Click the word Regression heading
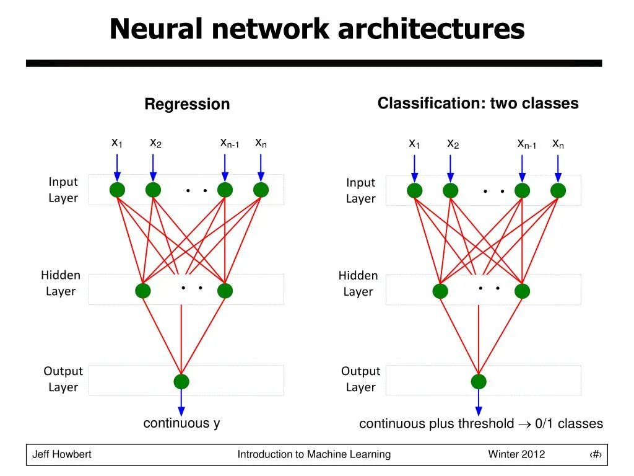(187, 104)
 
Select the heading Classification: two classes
(478, 104)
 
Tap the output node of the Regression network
(181, 382)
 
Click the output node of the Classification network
(479, 382)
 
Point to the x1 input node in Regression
(117, 190)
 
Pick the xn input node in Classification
(558, 191)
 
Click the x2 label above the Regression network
(155, 143)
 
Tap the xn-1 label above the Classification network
(527, 144)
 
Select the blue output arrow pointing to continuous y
(181, 403)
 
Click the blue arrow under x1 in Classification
(414, 169)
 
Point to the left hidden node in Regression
(143, 291)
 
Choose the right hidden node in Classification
(523, 291)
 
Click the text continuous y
(181, 423)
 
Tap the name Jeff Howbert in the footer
(62, 454)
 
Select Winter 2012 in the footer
(517, 454)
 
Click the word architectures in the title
(431, 29)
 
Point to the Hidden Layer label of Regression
(61, 283)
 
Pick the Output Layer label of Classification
(361, 379)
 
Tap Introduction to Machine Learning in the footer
(314, 454)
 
